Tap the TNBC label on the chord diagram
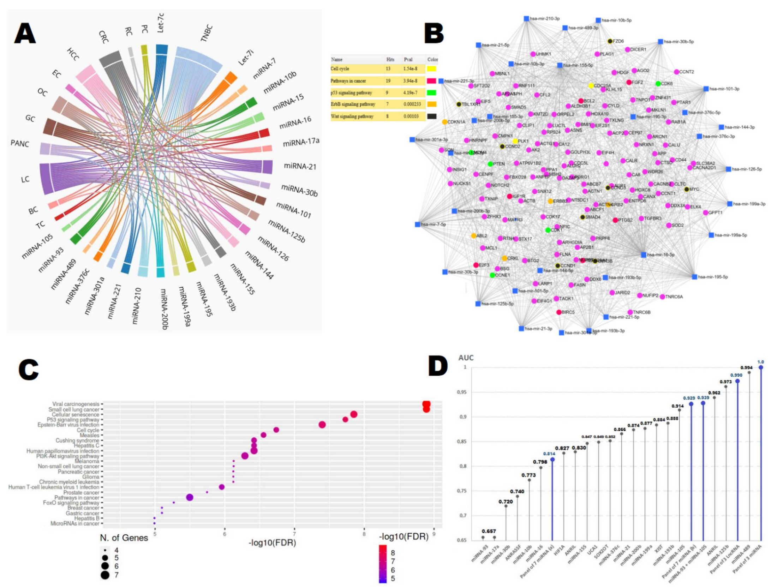pyautogui.click(x=207, y=34)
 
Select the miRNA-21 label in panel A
pyautogui.click(x=300, y=166)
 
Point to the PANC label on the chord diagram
pyautogui.click(x=20, y=144)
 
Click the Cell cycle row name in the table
pyautogui.click(x=340, y=68)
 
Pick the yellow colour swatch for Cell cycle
pyautogui.click(x=431, y=69)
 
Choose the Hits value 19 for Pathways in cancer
pyautogui.click(x=388, y=81)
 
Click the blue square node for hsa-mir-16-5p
pyautogui.click(x=644, y=254)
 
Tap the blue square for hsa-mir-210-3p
pyautogui.click(x=526, y=19)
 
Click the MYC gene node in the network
pyautogui.click(x=687, y=189)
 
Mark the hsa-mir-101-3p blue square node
pyautogui.click(x=706, y=89)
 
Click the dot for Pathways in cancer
pyautogui.click(x=190, y=497)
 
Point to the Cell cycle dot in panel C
pyautogui.click(x=276, y=430)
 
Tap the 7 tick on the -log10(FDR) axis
pyautogui.click(x=294, y=534)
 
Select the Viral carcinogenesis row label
pyautogui.click(x=76, y=404)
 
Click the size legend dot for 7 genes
pyautogui.click(x=105, y=575)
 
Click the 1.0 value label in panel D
pyautogui.click(x=761, y=362)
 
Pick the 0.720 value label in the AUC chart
pyautogui.click(x=506, y=502)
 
